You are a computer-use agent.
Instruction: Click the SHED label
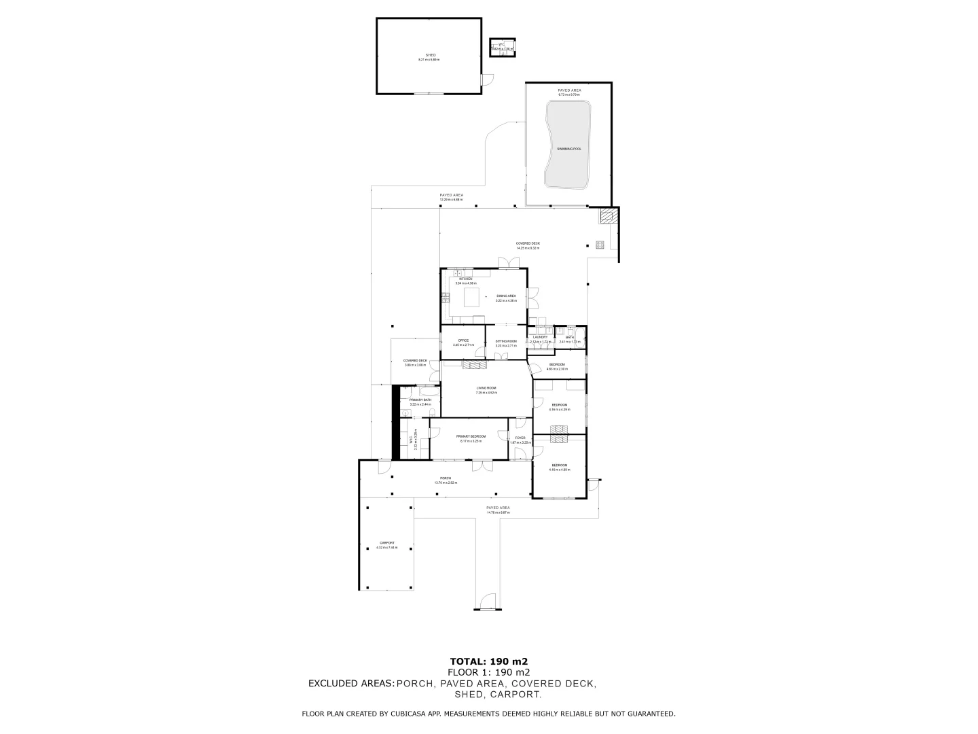pyautogui.click(x=430, y=55)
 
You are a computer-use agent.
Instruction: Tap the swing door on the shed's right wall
pyautogui.click(x=486, y=80)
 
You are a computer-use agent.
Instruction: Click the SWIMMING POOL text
pyautogui.click(x=568, y=148)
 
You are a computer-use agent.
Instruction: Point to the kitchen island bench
pyautogui.click(x=471, y=297)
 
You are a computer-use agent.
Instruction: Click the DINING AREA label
pyautogui.click(x=506, y=296)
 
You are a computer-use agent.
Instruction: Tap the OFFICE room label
pyautogui.click(x=463, y=340)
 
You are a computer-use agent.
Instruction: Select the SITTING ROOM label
pyautogui.click(x=506, y=340)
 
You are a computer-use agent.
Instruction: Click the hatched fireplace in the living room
pyautogui.click(x=475, y=365)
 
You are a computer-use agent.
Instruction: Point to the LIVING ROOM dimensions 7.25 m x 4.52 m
pyautogui.click(x=486, y=393)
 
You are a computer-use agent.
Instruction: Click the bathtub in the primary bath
pyautogui.click(x=429, y=391)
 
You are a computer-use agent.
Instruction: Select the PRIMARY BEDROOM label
pyautogui.click(x=471, y=436)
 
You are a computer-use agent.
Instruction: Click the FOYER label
pyautogui.click(x=520, y=438)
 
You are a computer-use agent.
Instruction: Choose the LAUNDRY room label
pyautogui.click(x=541, y=336)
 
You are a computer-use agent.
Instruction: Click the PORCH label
pyautogui.click(x=446, y=478)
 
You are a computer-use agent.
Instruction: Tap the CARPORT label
pyautogui.click(x=386, y=542)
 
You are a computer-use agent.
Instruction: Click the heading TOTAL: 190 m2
pyautogui.click(x=489, y=661)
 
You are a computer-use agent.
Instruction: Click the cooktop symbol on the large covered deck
pyautogui.click(x=600, y=245)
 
